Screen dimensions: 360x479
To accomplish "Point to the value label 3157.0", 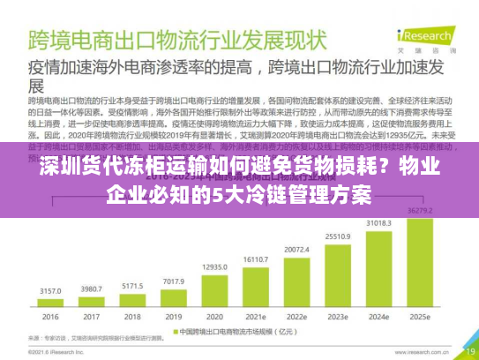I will coord(50,289).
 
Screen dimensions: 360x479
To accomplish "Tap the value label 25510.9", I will coord(338,236).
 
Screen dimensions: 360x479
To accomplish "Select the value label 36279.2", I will coord(419,209).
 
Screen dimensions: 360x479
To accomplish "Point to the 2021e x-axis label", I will coord(256,317).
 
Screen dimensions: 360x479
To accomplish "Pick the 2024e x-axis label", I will coord(378,317).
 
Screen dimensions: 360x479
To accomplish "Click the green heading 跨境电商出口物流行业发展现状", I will coord(171,40).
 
